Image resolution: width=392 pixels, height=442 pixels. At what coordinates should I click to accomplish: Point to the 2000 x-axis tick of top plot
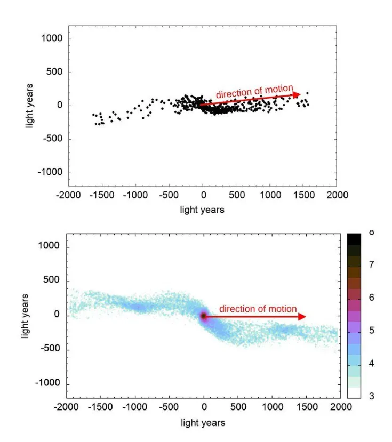[x=336, y=195]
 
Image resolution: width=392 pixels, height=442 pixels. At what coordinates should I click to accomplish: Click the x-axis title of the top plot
[x=202, y=210]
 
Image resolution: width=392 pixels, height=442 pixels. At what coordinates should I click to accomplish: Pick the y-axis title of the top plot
[x=30, y=105]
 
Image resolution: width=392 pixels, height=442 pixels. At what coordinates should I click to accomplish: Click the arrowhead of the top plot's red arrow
[x=298, y=94]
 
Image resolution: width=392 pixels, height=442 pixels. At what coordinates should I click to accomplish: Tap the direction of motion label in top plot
[x=254, y=92]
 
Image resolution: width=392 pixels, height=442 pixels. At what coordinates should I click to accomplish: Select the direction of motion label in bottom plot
[x=258, y=309]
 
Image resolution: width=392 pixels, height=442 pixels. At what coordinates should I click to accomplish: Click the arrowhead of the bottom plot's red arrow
[x=302, y=317]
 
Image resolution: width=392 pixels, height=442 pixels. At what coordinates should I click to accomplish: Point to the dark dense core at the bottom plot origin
[x=204, y=316]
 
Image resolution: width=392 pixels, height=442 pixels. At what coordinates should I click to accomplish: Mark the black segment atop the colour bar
[x=354, y=239]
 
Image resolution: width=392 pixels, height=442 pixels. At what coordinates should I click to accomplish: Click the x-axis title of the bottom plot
[x=203, y=423]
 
